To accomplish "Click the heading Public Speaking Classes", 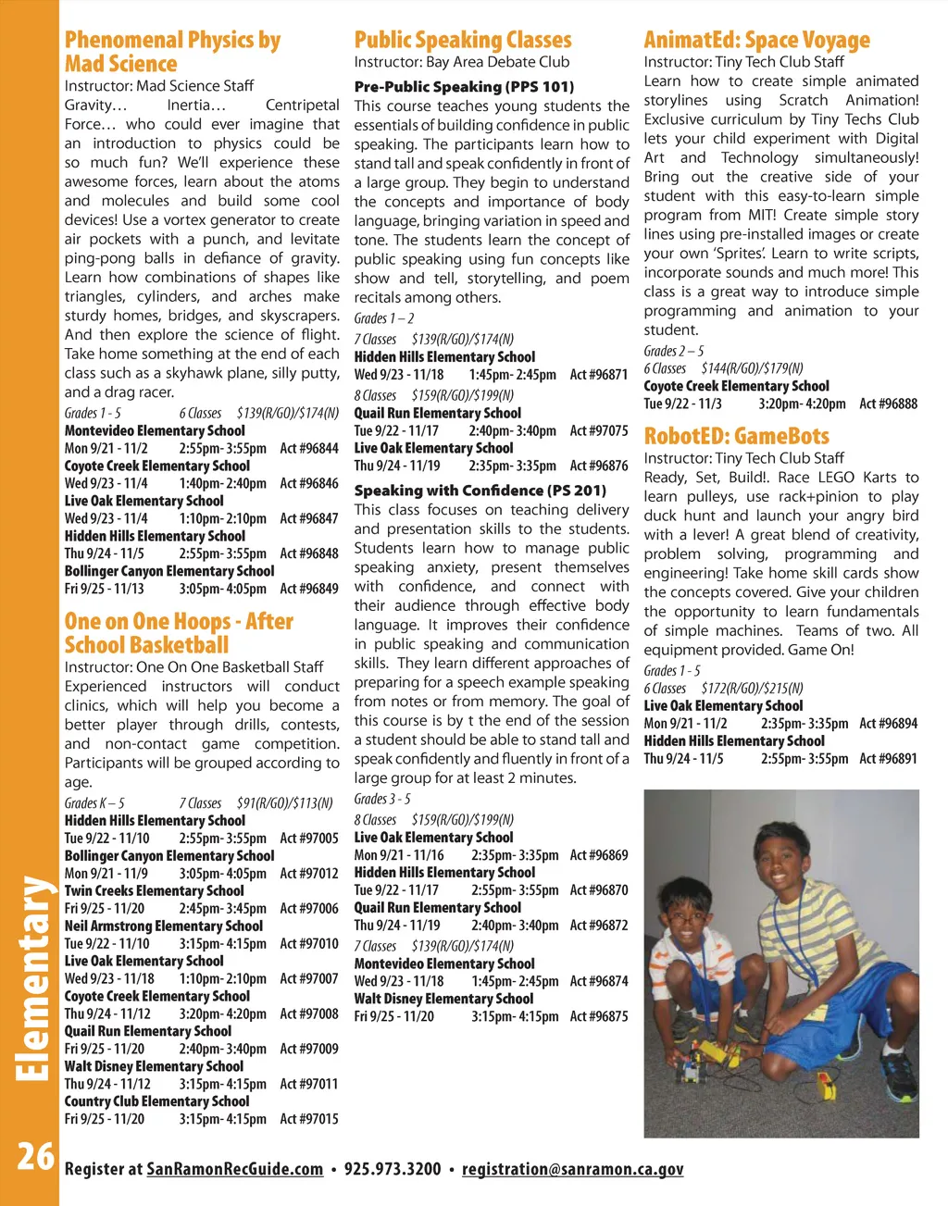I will [463, 40].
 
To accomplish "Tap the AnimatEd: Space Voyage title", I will [756, 40].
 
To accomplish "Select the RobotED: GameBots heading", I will [736, 435].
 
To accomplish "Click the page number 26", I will [34, 1156].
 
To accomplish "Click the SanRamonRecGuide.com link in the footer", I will [235, 1169].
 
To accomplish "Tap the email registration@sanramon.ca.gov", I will [572, 1169].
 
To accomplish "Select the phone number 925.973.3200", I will [393, 1169].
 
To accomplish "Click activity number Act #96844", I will [309, 448].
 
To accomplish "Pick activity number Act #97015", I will [309, 1119].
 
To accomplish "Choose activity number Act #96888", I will [888, 404].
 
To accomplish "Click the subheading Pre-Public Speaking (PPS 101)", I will [464, 86].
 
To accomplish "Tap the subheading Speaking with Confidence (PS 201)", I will [480, 491].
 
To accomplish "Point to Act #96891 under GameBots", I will [888, 759].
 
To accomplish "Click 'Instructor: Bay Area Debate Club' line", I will [462, 62].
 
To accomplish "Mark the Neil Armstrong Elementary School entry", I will [164, 926].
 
